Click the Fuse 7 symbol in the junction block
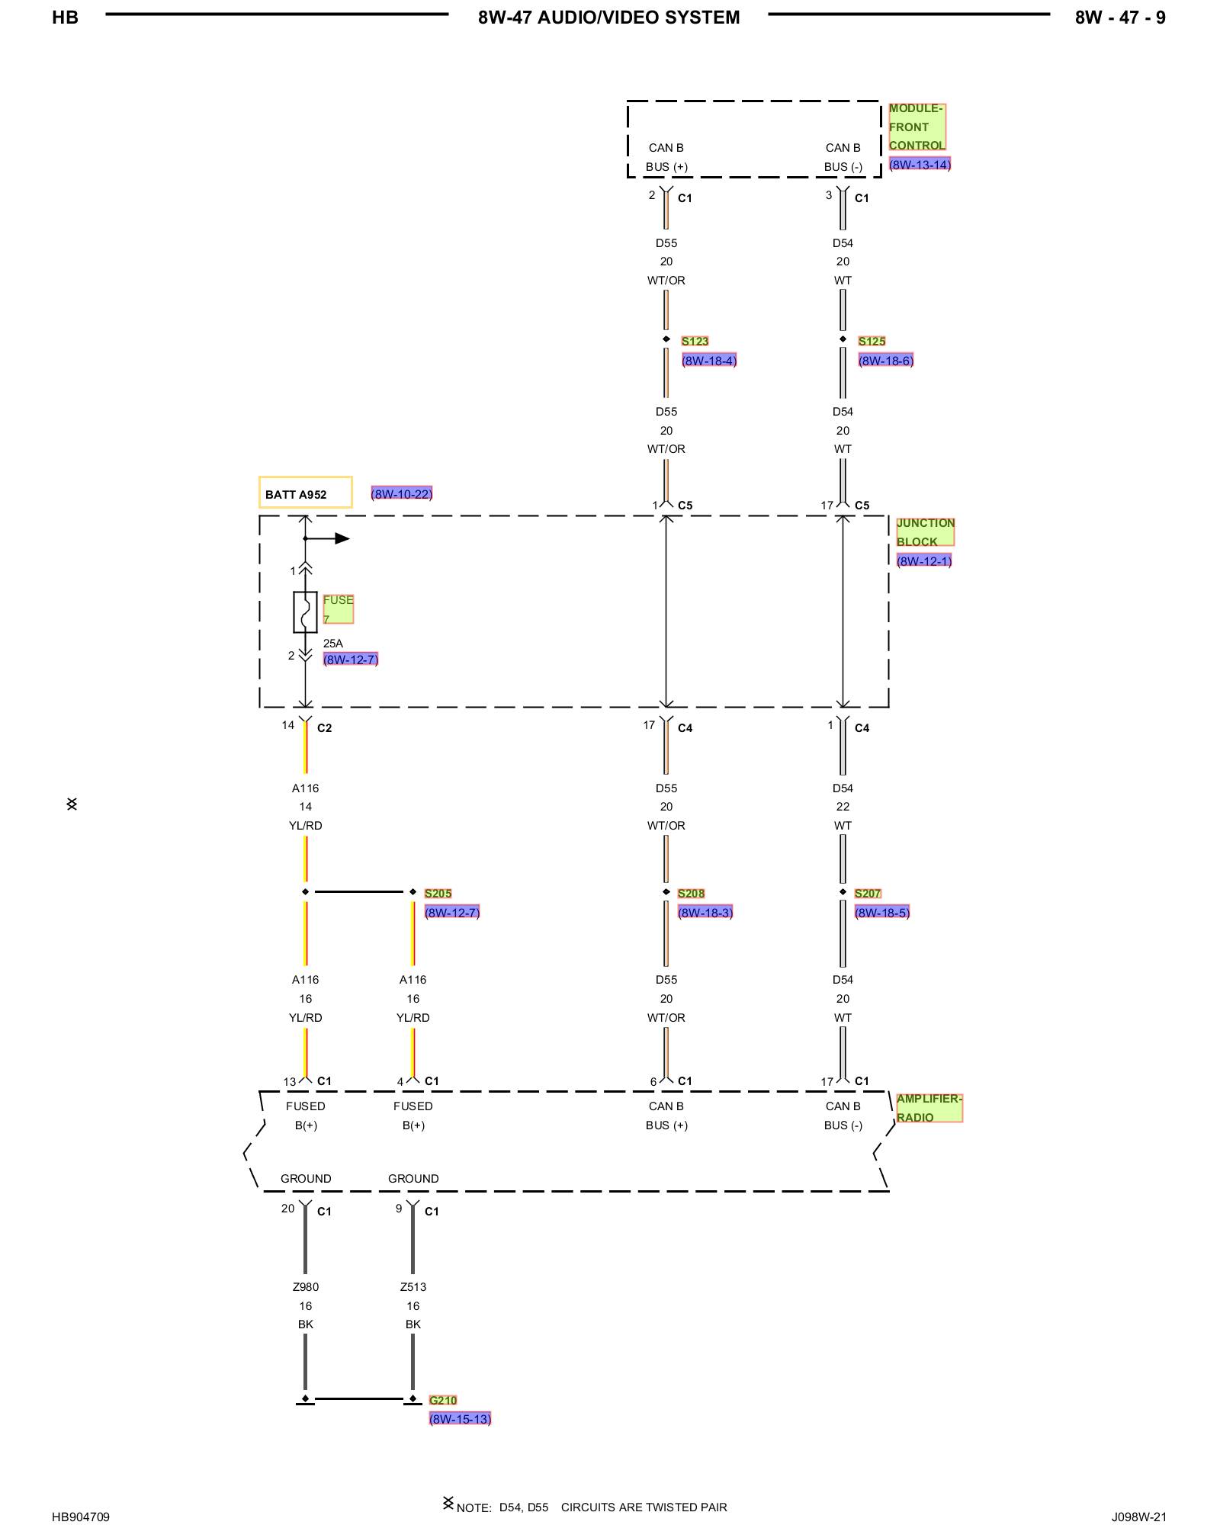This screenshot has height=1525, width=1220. click(305, 612)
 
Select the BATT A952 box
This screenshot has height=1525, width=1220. click(306, 493)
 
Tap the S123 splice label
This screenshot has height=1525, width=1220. click(695, 341)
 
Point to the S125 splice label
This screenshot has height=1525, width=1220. click(872, 341)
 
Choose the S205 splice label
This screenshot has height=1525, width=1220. click(438, 893)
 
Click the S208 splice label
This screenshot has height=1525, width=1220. click(691, 893)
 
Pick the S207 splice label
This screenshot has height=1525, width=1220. click(868, 893)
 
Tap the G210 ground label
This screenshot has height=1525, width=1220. click(443, 1400)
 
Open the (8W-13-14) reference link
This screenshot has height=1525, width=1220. click(920, 165)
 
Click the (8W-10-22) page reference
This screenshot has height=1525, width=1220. click(402, 493)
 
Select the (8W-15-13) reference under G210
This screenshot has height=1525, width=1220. click(460, 1419)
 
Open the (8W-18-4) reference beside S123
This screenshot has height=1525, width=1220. click(709, 361)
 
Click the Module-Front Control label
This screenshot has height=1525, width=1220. click(917, 127)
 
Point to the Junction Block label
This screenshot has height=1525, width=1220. click(926, 532)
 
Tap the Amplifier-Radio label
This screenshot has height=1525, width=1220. click(929, 1108)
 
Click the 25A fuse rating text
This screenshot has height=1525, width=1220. click(333, 644)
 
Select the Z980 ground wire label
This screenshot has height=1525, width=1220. click(306, 1287)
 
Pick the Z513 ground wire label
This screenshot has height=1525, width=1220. click(413, 1287)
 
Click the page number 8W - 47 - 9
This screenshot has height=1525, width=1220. click(1120, 18)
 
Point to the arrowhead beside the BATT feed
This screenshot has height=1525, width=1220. click(342, 538)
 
